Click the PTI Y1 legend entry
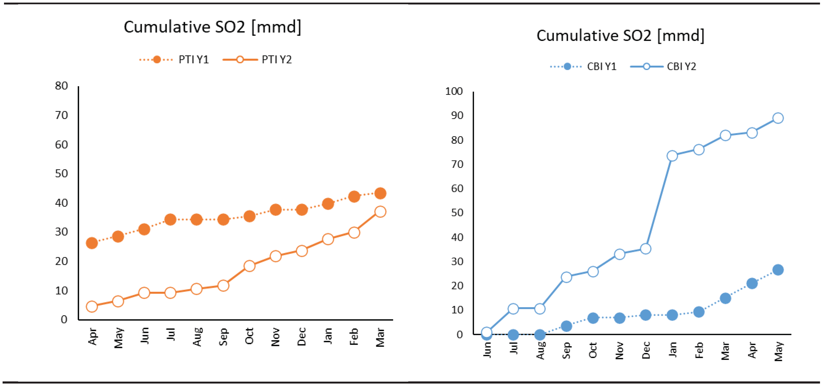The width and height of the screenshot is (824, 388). pyautogui.click(x=175, y=60)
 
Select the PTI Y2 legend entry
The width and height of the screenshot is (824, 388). pyautogui.click(x=257, y=60)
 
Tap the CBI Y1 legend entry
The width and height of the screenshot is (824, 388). pyautogui.click(x=584, y=67)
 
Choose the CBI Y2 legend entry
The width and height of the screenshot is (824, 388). pyautogui.click(x=664, y=67)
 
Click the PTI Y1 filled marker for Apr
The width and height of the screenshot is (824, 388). pyautogui.click(x=92, y=243)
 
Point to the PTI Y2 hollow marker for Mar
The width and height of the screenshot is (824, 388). pyautogui.click(x=380, y=212)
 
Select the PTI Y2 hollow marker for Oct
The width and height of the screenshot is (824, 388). pyautogui.click(x=249, y=266)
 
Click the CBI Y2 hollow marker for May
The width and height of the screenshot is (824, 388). pyautogui.click(x=778, y=118)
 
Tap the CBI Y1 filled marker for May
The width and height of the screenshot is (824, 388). pyautogui.click(x=778, y=270)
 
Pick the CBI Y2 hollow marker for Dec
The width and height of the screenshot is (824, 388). pyautogui.click(x=645, y=249)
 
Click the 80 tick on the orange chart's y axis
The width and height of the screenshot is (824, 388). pyautogui.click(x=61, y=86)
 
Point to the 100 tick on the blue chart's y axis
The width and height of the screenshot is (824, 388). pyautogui.click(x=454, y=91)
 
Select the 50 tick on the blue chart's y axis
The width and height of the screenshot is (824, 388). pyautogui.click(x=457, y=213)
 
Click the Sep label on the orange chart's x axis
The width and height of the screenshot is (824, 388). pyautogui.click(x=223, y=336)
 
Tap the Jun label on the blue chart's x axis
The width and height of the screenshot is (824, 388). pyautogui.click(x=487, y=350)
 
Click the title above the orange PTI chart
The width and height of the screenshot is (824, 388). pyautogui.click(x=212, y=27)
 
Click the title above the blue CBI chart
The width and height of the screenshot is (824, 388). pyautogui.click(x=620, y=36)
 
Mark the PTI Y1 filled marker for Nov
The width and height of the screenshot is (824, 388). pyautogui.click(x=276, y=210)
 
